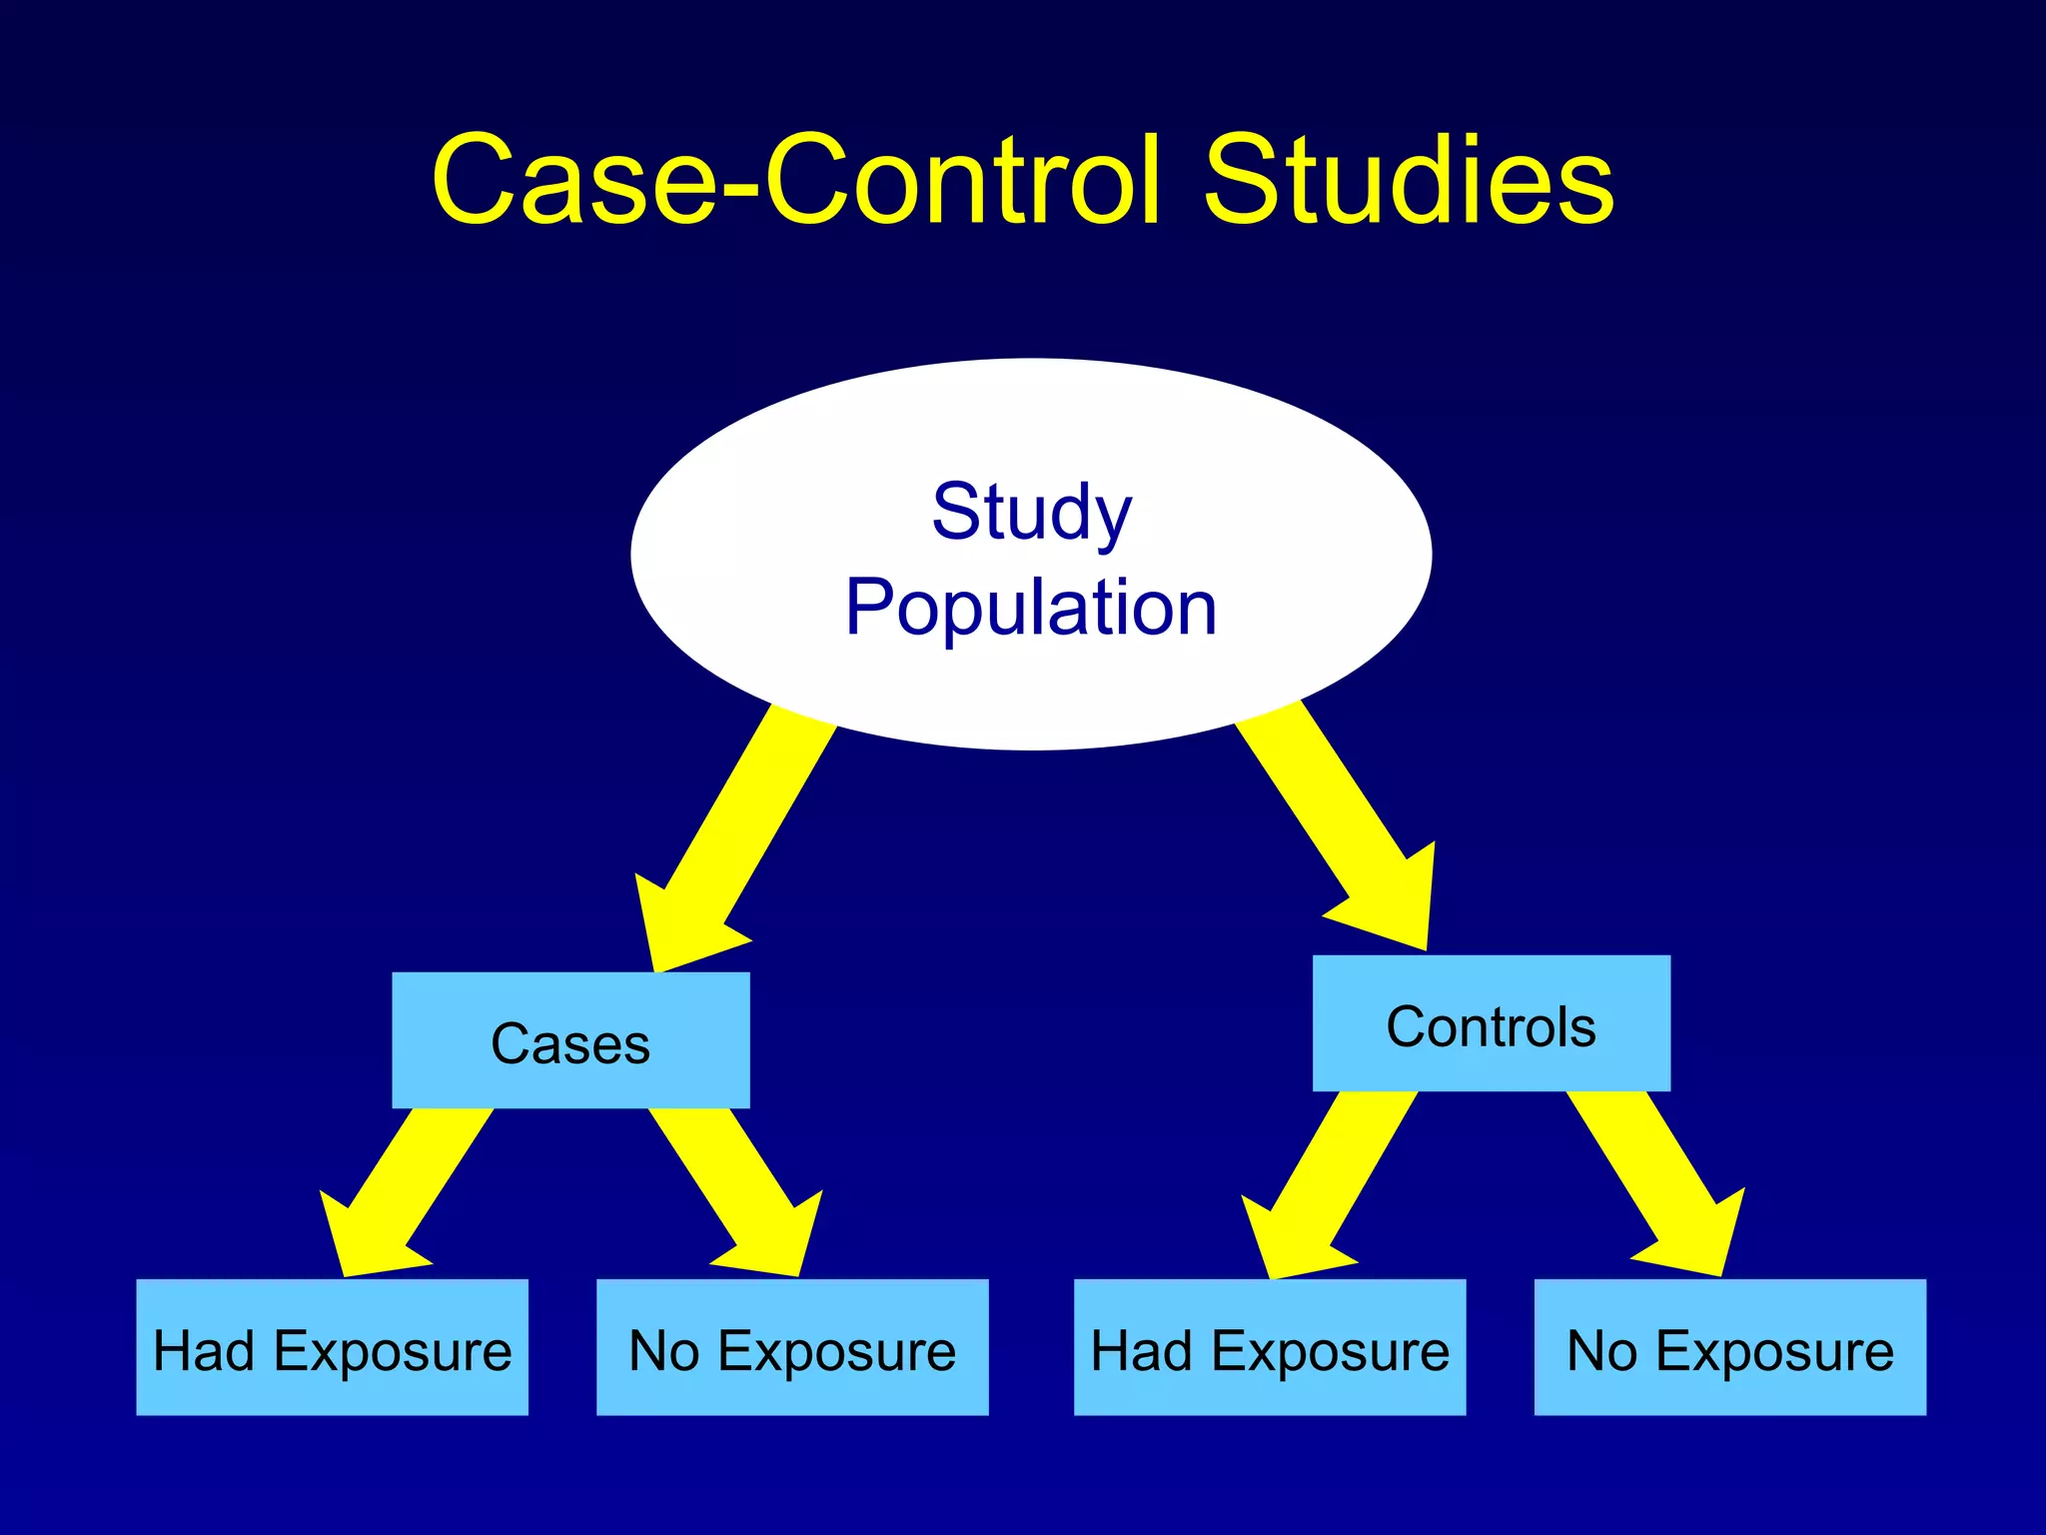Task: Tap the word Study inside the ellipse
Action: (1032, 512)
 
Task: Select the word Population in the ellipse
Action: (1031, 608)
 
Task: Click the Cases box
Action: (570, 1040)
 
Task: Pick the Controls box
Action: (1491, 1023)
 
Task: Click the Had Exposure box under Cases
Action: (332, 1347)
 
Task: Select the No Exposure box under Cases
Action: (792, 1347)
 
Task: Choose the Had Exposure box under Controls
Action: (1270, 1347)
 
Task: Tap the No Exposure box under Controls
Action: (1729, 1347)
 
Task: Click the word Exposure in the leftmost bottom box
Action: (393, 1351)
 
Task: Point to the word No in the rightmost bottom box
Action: (1602, 1351)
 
